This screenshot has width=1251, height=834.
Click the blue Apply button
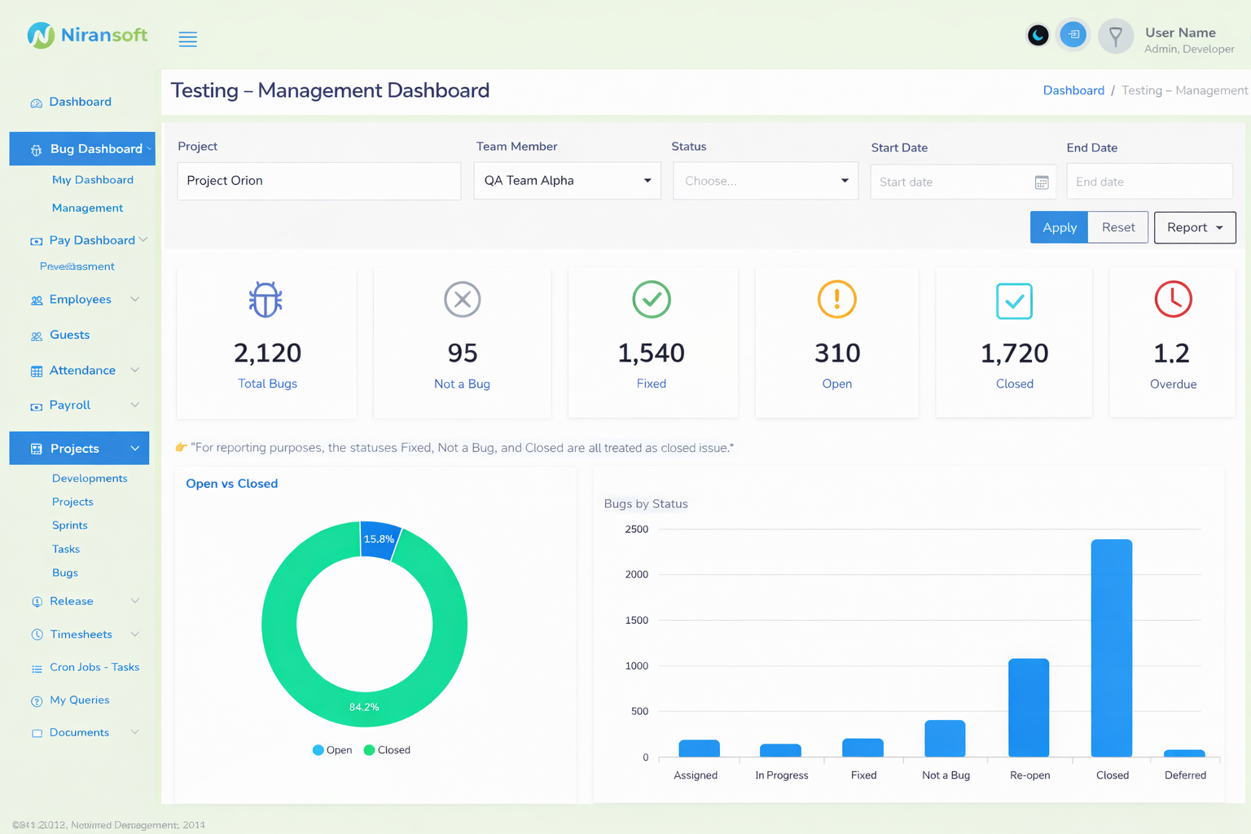(1059, 227)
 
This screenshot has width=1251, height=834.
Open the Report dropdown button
(1194, 227)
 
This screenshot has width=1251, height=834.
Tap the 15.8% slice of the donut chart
(380, 539)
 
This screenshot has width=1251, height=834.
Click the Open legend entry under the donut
(332, 750)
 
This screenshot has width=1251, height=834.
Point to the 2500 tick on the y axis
(637, 529)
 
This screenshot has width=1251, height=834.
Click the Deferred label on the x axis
(1185, 775)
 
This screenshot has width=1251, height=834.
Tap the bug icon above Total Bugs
(266, 300)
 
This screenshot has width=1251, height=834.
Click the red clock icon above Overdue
(1173, 299)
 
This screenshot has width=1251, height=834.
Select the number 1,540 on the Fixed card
(651, 353)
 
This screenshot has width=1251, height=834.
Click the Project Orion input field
(318, 181)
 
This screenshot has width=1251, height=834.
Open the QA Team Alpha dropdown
(567, 181)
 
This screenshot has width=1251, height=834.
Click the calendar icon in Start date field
(1041, 182)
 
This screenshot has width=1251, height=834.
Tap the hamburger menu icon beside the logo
(187, 39)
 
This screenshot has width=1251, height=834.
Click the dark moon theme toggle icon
(1038, 36)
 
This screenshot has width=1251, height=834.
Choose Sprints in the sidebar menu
(70, 525)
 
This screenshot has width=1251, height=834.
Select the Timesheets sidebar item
(81, 634)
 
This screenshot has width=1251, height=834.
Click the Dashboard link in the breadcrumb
(1073, 90)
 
